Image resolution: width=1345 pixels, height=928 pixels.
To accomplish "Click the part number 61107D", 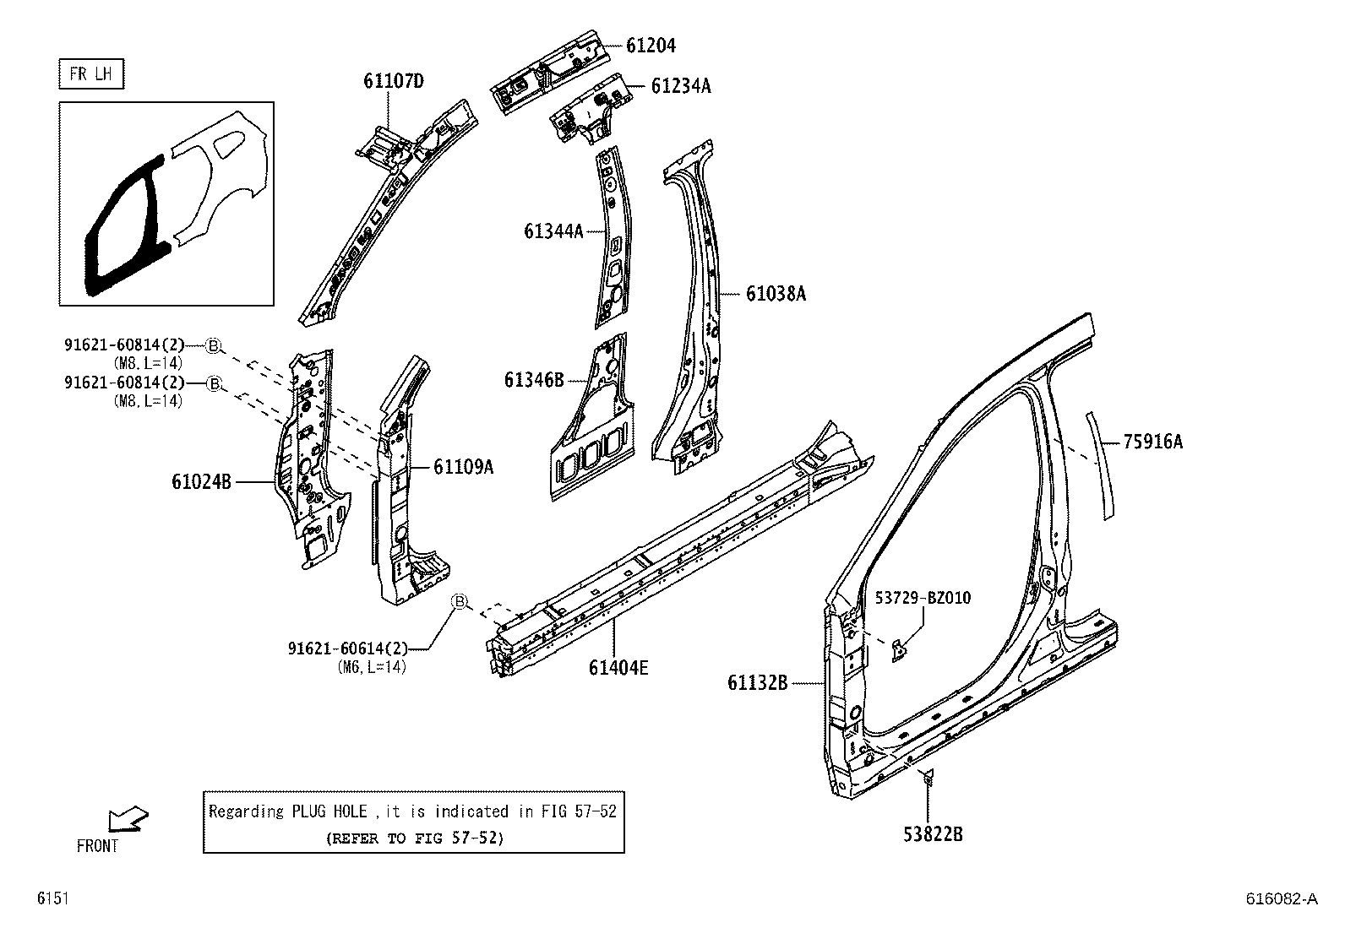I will coord(394,81).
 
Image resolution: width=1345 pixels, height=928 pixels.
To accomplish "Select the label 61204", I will coord(651,46).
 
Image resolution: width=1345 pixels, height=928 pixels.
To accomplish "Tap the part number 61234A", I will coord(680,85).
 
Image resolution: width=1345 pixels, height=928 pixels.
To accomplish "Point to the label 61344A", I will coord(553,231).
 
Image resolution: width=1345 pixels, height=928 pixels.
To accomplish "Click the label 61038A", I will coord(776,294).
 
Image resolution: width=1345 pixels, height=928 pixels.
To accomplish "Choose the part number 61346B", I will coord(534,380).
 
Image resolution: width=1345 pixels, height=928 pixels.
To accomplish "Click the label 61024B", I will coord(201,481).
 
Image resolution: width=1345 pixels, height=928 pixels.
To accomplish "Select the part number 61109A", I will coord(463,466).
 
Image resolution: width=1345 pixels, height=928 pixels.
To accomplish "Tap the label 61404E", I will coord(618,669).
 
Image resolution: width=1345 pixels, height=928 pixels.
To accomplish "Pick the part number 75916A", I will coord(1152,441).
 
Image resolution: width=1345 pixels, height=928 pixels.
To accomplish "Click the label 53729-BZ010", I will coord(923,598).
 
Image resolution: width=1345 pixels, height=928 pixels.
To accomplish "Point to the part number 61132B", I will coord(757,682).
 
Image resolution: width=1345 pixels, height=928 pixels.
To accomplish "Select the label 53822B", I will coord(933,834).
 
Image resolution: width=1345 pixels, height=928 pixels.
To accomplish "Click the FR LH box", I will coord(91,74).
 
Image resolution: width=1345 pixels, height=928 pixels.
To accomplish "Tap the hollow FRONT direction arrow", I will coord(128,819).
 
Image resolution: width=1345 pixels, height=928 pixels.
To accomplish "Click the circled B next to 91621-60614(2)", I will coord(460,601).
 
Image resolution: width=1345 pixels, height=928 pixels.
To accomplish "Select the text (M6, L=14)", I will coord(371,667).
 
